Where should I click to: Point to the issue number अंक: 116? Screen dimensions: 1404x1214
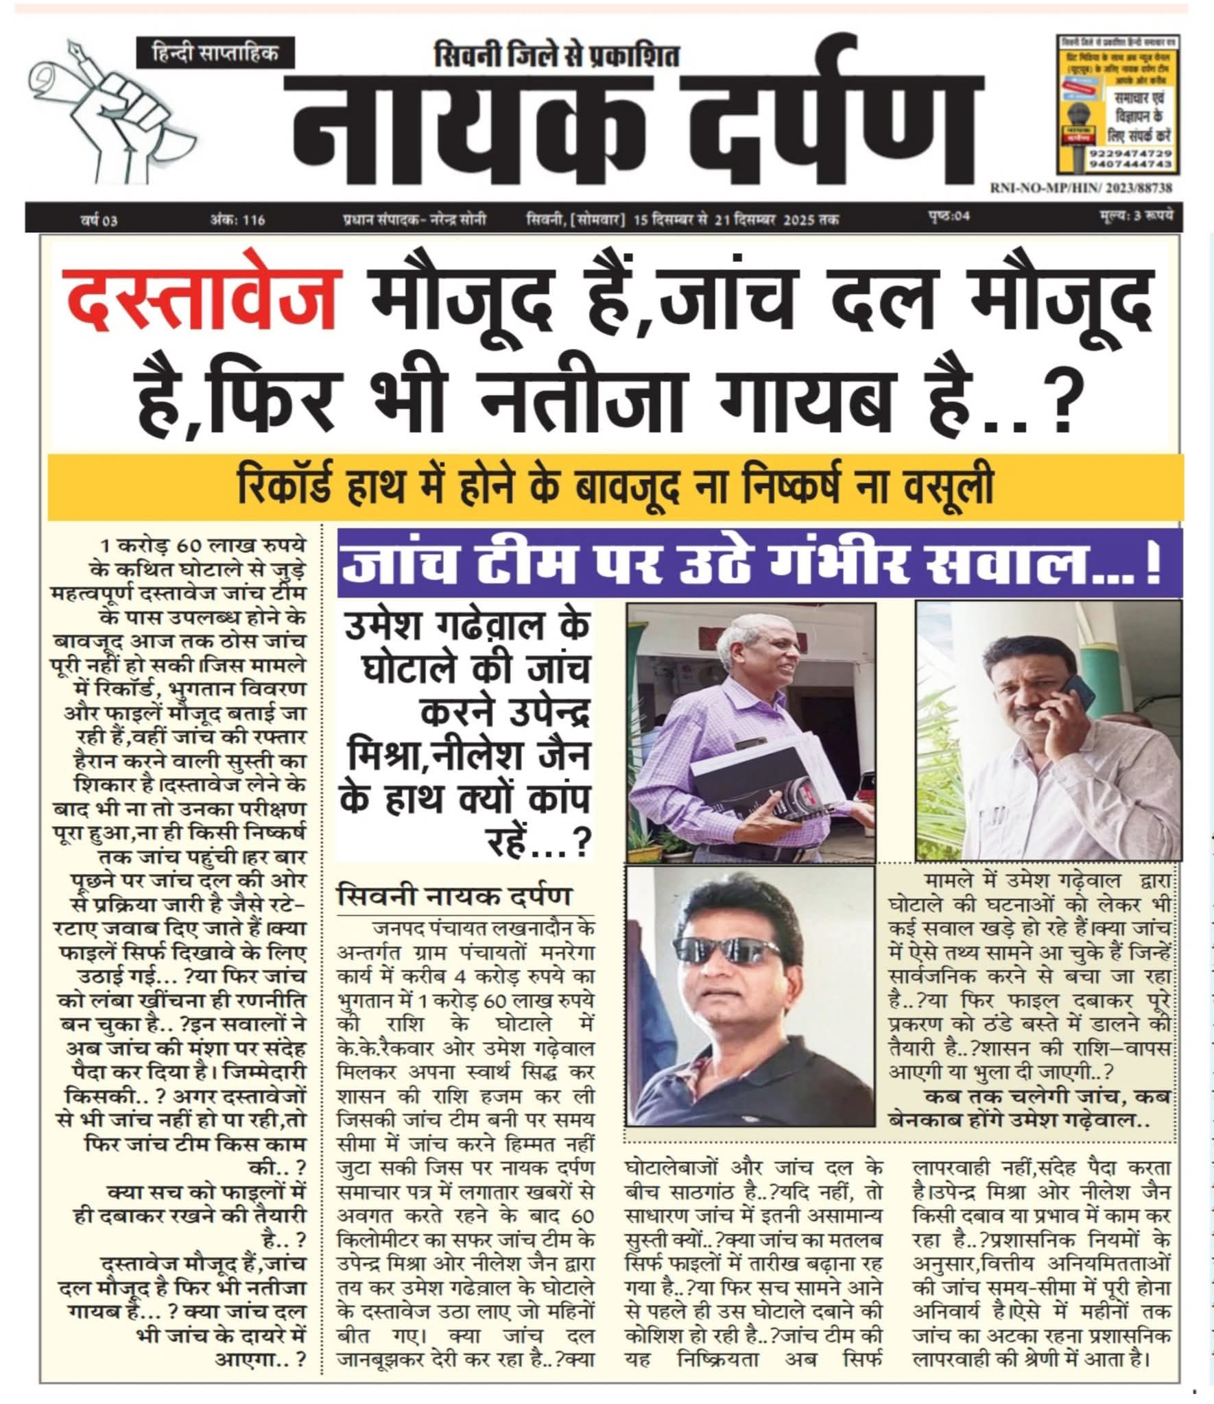click(237, 220)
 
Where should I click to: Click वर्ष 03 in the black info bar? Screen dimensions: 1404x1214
click(98, 220)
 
